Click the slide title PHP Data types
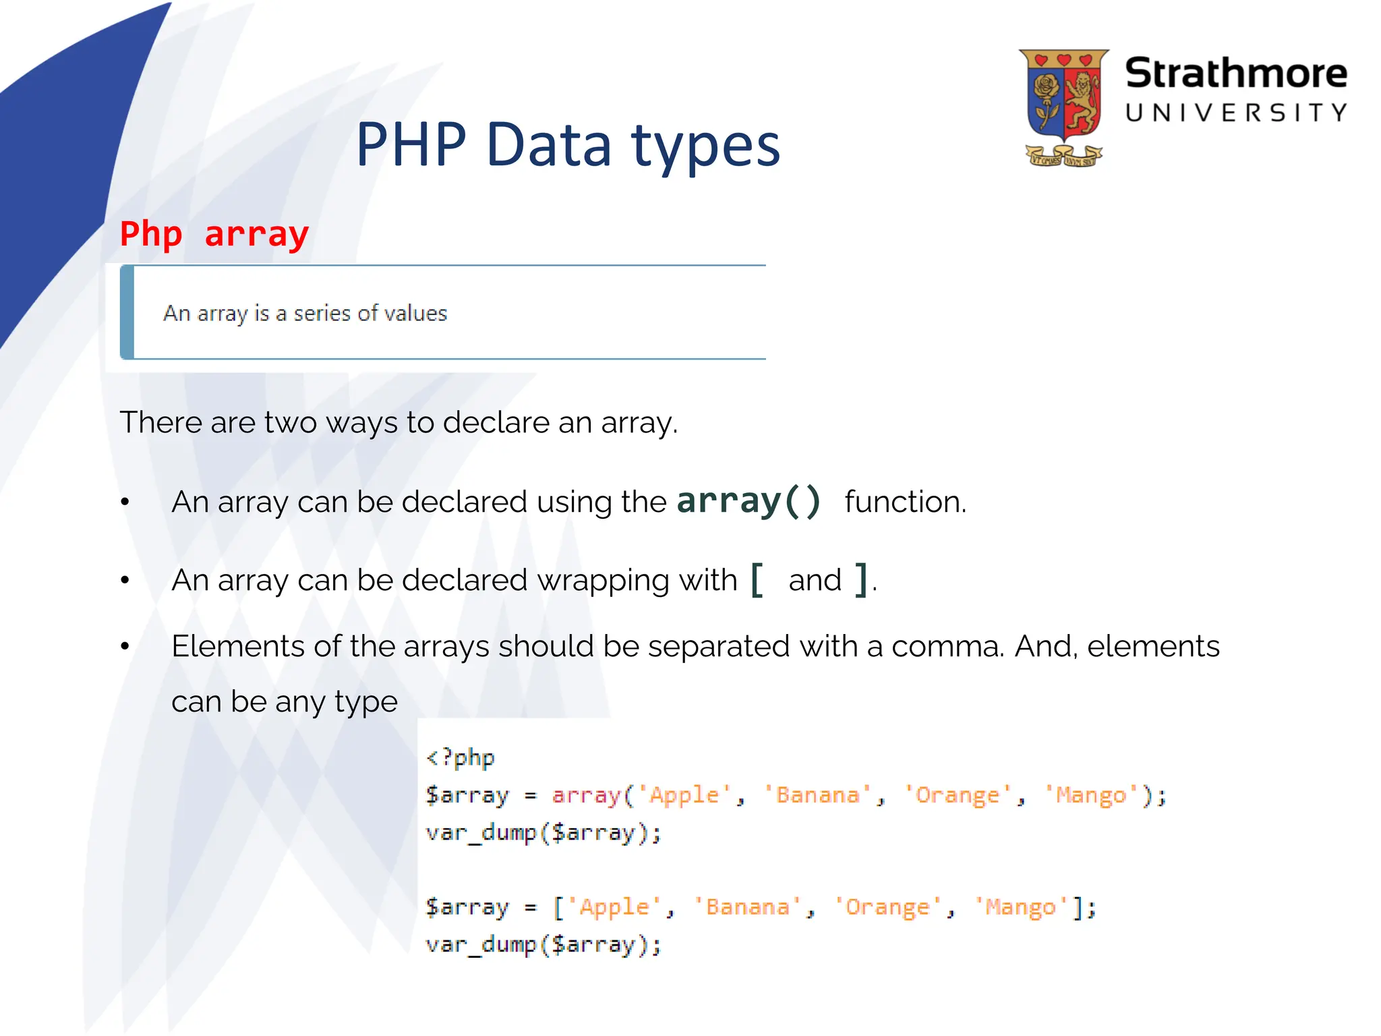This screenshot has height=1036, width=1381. (568, 145)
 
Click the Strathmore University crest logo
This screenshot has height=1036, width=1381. (1063, 107)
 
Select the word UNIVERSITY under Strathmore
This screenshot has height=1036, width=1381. (1235, 113)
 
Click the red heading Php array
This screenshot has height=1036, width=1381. (214, 234)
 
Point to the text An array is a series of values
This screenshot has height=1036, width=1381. (305, 313)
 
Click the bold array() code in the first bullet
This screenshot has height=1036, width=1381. (748, 501)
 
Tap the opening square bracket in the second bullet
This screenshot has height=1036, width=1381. (757, 579)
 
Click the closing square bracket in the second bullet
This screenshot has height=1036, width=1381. (860, 579)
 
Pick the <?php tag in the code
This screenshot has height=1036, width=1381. (461, 757)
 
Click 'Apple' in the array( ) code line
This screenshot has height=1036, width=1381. (684, 795)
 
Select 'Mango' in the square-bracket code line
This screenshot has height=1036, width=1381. (1020, 907)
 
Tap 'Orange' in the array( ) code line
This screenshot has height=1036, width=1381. (958, 795)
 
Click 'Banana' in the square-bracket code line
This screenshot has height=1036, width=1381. (747, 907)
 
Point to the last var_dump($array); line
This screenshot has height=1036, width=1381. (543, 944)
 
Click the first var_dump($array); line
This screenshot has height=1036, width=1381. (543, 833)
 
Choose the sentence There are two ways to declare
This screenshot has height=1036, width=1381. (398, 423)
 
